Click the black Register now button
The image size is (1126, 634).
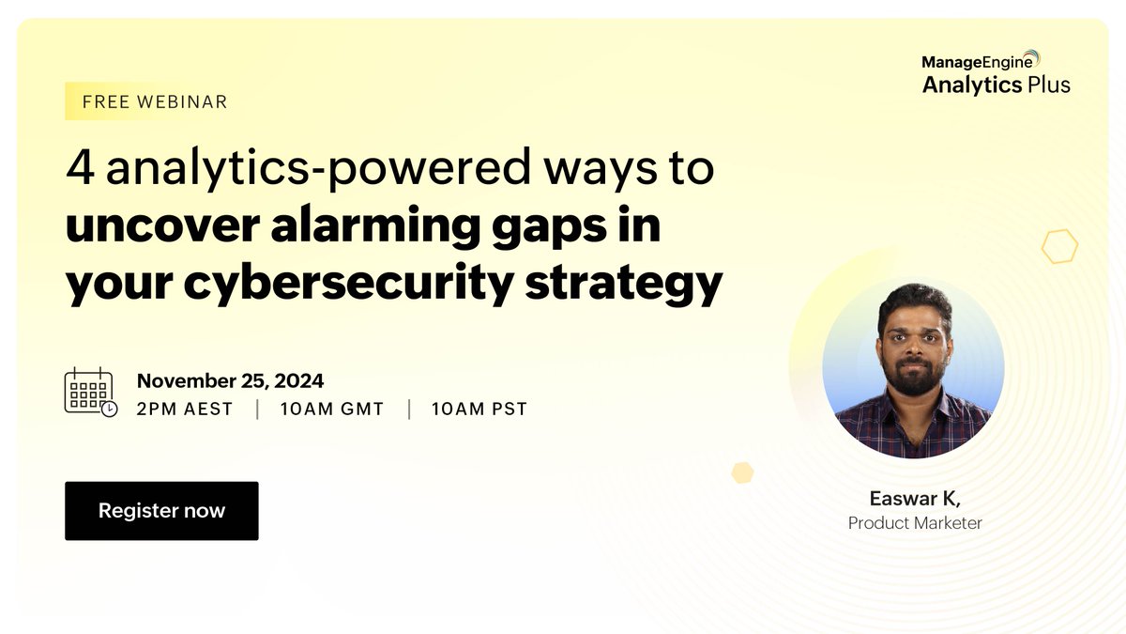tap(161, 511)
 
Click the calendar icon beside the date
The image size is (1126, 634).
tap(90, 392)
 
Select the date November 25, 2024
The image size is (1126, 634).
tap(231, 380)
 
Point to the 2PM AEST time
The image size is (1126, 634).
tap(185, 410)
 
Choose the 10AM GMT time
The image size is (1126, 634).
tap(332, 410)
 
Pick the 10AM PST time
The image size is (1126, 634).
tap(479, 410)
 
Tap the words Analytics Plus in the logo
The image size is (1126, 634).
tap(996, 85)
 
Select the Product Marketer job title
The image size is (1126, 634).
tap(915, 523)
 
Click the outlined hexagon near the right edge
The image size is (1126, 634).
tap(1059, 246)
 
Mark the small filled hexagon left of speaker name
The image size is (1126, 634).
tap(743, 472)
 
